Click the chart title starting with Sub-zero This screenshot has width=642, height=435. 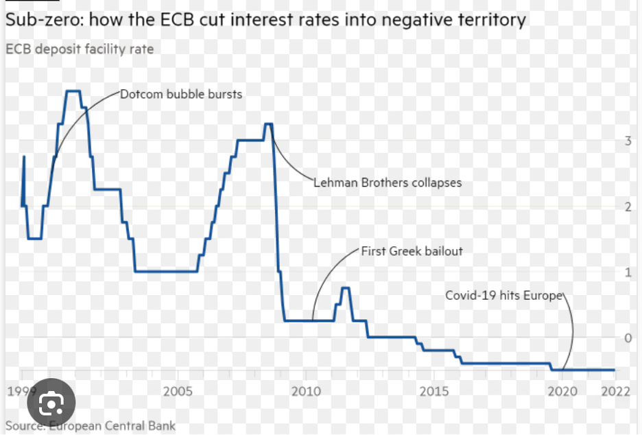(x=265, y=19)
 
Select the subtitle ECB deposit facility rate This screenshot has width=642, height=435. (x=80, y=49)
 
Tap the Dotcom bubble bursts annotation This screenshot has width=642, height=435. (x=181, y=94)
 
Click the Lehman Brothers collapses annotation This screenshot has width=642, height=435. (x=388, y=183)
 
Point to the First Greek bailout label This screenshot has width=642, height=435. (x=412, y=251)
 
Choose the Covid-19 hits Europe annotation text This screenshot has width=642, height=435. (x=503, y=295)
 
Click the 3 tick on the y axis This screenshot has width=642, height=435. (x=627, y=141)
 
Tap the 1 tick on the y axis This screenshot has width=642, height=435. (x=627, y=272)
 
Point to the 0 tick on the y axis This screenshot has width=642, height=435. (x=627, y=338)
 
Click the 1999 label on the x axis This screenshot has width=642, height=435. (x=21, y=391)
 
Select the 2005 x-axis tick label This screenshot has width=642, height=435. (x=178, y=391)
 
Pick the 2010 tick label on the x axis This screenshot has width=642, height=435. (x=306, y=391)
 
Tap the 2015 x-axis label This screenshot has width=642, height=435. (x=434, y=391)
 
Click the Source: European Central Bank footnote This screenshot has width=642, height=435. (x=91, y=425)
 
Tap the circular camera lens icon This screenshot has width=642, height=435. (x=51, y=405)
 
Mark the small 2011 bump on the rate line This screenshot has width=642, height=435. (x=345, y=289)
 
